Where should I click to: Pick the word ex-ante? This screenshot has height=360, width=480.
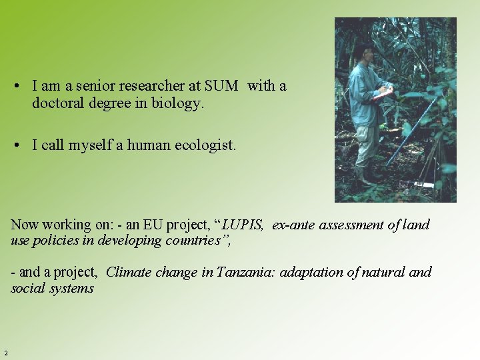(293, 225)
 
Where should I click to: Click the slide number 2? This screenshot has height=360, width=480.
(5, 353)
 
